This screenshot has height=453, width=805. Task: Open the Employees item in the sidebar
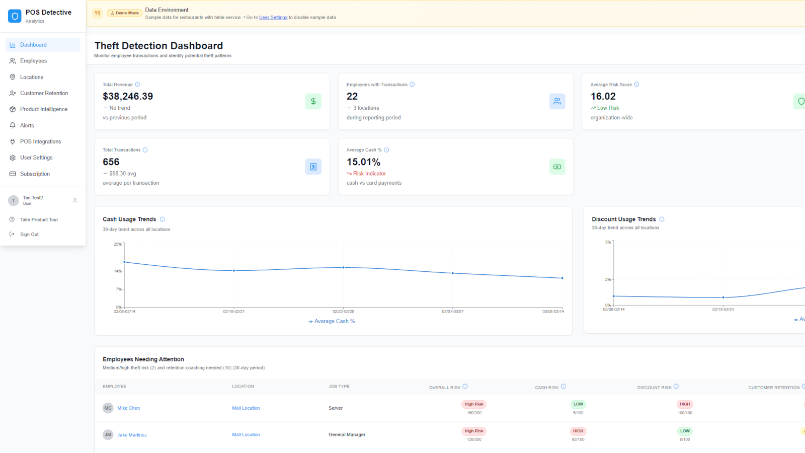[x=33, y=61]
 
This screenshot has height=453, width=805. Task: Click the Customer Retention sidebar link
[x=44, y=93]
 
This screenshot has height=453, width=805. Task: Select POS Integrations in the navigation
[x=40, y=141]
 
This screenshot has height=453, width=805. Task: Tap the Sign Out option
[x=29, y=234]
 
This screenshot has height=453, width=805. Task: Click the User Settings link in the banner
[x=273, y=18]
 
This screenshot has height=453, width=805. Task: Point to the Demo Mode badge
[x=124, y=13]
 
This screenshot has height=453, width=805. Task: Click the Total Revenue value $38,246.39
[x=128, y=96]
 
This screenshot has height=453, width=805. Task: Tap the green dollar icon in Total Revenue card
[x=313, y=101]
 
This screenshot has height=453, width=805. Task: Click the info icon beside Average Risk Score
[x=636, y=85]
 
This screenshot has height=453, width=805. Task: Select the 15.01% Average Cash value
[x=363, y=162]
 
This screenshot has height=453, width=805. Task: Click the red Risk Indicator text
[x=369, y=174]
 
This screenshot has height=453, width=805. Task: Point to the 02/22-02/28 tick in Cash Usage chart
[x=343, y=312]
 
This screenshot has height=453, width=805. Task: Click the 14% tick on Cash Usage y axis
[x=118, y=271]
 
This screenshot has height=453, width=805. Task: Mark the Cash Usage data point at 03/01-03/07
[x=453, y=273]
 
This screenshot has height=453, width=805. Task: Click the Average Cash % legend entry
[x=332, y=321]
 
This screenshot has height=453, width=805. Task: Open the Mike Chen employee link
[x=128, y=408]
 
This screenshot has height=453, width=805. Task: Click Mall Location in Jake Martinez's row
[x=246, y=435]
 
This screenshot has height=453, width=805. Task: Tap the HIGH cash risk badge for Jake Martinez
[x=578, y=431]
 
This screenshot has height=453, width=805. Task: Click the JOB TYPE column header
[x=339, y=387]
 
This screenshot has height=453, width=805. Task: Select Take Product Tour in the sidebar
[x=39, y=219]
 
